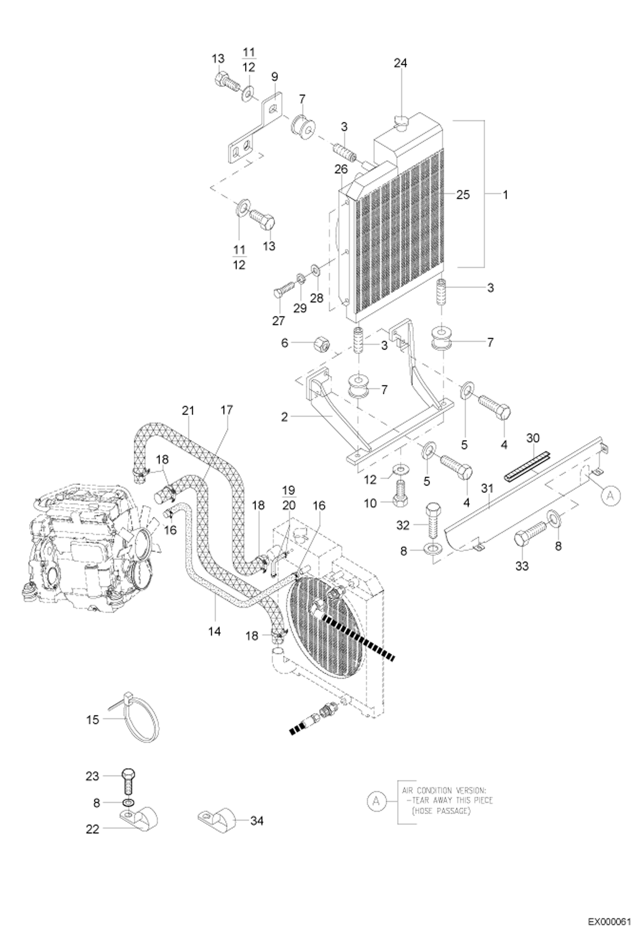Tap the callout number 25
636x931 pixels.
pos(463,195)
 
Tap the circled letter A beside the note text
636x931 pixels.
pos(375,801)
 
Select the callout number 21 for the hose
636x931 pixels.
pos(188,410)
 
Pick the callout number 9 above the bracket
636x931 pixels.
pos(274,77)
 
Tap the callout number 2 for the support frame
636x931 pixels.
pos(284,417)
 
